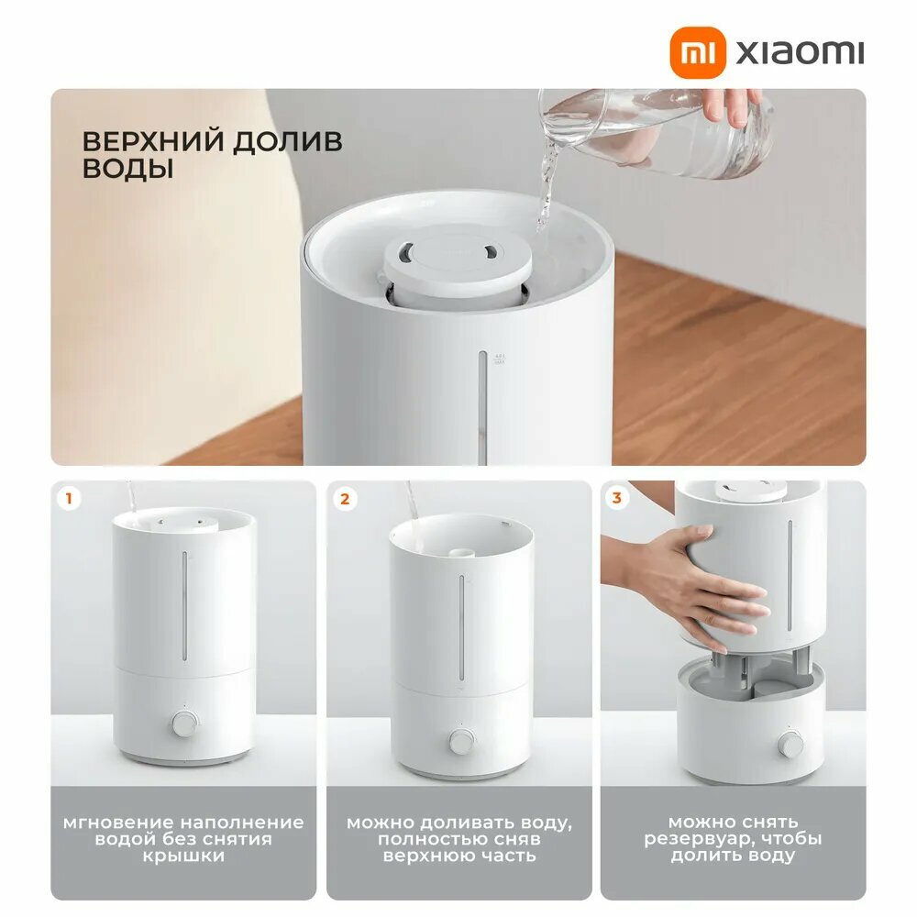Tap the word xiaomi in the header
pyautogui.click(x=800, y=52)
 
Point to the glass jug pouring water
pyautogui.click(x=668, y=133)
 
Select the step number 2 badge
pyautogui.click(x=345, y=499)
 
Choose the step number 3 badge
pyautogui.click(x=617, y=499)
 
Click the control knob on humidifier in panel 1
pyautogui.click(x=184, y=724)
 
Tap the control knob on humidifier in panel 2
pyautogui.click(x=460, y=739)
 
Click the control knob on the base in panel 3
pyautogui.click(x=789, y=744)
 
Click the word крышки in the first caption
pyautogui.click(x=183, y=856)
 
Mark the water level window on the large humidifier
pyautogui.click(x=482, y=403)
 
